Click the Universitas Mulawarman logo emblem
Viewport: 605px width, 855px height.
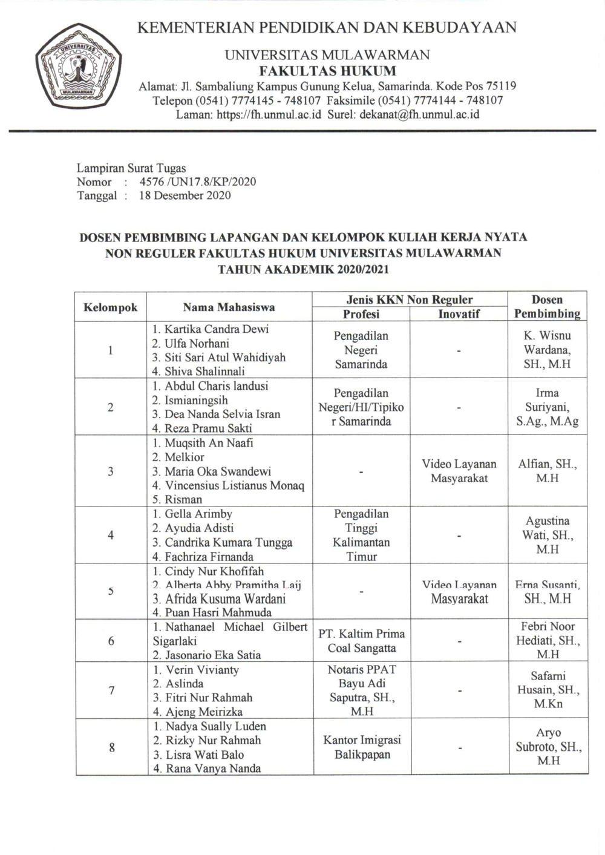pos(78,71)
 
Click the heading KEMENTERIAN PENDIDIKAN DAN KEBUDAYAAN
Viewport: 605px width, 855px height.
pos(327,27)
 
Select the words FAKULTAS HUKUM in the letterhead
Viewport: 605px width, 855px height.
pos(327,71)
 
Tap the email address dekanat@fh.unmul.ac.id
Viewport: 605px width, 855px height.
pos(419,114)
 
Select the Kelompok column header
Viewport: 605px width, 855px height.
pos(110,307)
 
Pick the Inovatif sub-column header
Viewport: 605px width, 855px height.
pos(459,314)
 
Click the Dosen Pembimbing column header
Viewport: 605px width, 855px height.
pos(547,306)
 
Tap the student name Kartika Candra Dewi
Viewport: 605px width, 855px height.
pos(211,329)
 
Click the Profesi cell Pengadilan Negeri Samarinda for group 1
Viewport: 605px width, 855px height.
pos(361,350)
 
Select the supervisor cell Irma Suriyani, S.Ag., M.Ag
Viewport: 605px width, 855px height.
pos(547,407)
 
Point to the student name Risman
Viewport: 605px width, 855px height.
pos(183,499)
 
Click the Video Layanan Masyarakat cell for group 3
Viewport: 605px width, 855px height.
pos(459,471)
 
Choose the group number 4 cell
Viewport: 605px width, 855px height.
pos(111,535)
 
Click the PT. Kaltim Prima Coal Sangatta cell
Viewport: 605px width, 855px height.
pos(361,641)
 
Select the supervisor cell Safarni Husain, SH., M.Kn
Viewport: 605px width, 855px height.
pos(547,690)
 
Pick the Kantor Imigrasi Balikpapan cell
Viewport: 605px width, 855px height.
pos(361,747)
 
